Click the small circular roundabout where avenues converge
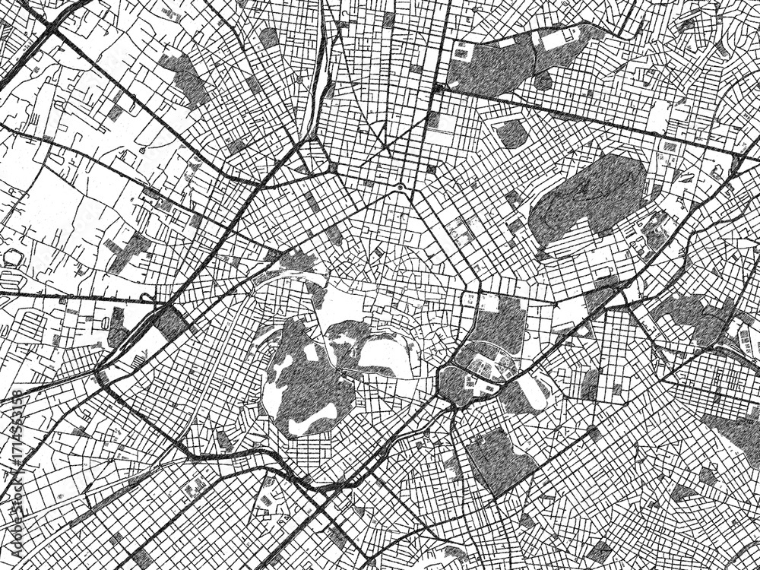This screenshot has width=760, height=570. [x=400, y=186]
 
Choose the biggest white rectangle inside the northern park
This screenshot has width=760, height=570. [x=556, y=40]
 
